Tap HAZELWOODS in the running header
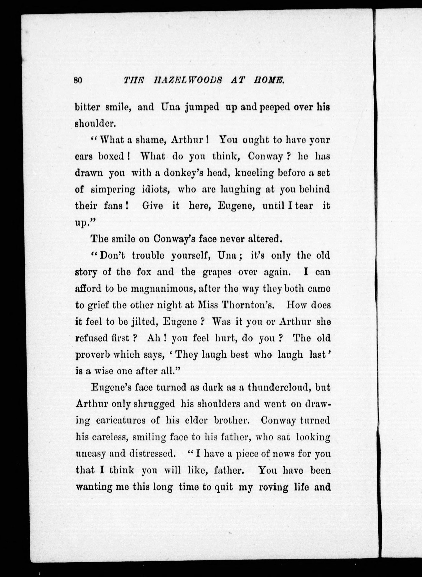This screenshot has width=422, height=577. [189, 81]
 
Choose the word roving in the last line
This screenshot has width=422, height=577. [274, 487]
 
